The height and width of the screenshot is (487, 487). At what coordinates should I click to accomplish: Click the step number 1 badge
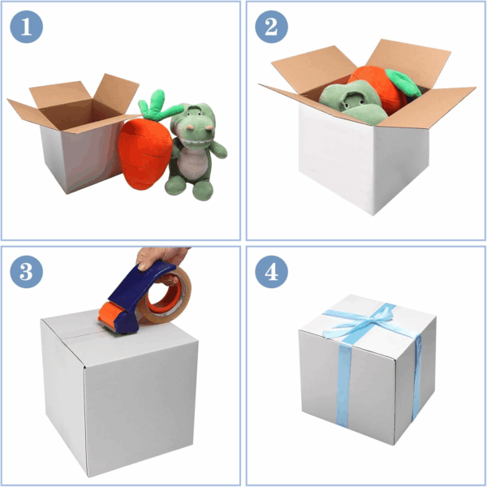pos(27,27)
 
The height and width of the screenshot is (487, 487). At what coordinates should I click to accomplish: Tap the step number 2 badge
pos(271,27)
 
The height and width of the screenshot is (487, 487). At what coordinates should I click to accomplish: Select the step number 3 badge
pos(27,271)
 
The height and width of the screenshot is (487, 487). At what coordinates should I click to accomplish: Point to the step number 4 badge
pos(271,271)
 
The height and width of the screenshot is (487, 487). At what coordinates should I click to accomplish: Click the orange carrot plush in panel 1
pos(144,153)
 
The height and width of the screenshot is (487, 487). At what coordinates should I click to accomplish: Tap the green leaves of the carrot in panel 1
pos(158,106)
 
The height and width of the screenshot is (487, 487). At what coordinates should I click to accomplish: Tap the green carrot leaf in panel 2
pos(403,82)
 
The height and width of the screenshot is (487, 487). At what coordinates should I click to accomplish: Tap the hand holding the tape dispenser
pos(162,261)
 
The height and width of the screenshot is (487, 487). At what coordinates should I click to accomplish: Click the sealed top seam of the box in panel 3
pos(87,334)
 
